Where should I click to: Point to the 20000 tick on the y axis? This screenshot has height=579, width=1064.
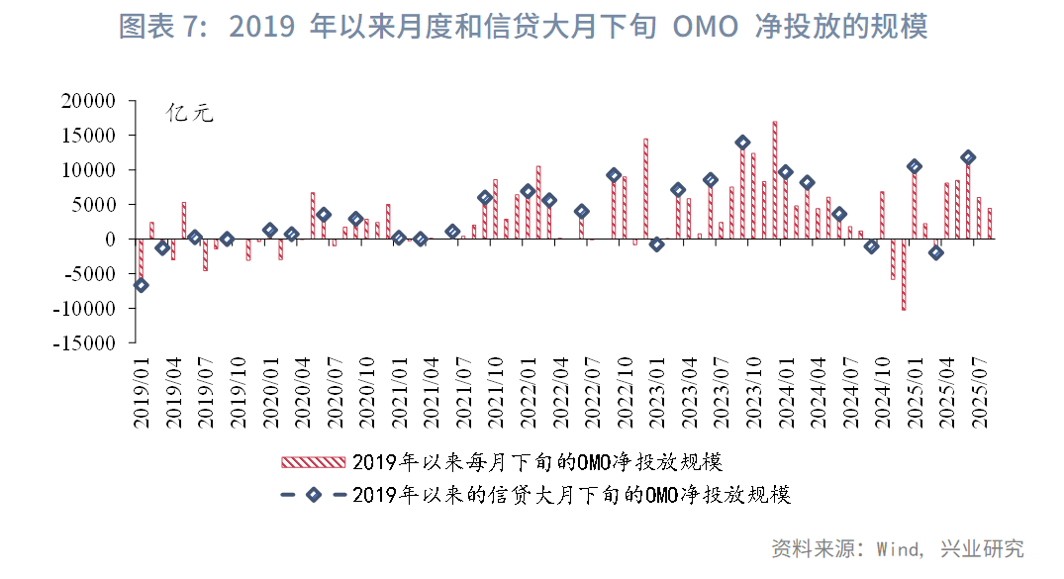click(88, 101)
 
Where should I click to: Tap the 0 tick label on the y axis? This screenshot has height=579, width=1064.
click(110, 240)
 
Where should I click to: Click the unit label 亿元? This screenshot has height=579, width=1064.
click(189, 113)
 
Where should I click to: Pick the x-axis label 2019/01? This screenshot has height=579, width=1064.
click(141, 394)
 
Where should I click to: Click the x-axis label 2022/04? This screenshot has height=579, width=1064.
click(559, 394)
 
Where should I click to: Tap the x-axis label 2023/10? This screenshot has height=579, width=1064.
click(753, 394)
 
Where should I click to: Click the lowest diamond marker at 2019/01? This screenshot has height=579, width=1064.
click(141, 285)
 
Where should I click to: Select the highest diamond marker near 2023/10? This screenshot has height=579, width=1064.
click(742, 143)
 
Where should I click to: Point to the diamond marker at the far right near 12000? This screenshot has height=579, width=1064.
click(968, 157)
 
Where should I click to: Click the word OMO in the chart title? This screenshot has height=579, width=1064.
click(705, 27)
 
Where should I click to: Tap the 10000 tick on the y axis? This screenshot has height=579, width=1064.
click(88, 170)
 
